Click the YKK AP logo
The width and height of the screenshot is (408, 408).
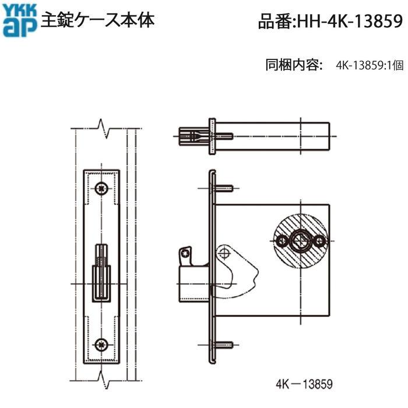[x=20, y=21]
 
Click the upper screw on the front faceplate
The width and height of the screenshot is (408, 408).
[x=103, y=188]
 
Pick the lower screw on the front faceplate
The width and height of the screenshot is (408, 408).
[x=103, y=344]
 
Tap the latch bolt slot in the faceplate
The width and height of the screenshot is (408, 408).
[x=103, y=274]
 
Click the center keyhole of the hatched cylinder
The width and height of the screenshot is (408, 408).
[x=301, y=240]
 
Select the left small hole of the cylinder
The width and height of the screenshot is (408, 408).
[x=282, y=240]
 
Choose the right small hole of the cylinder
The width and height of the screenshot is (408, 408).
[x=319, y=240]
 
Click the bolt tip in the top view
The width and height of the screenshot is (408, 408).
[x=191, y=137]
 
